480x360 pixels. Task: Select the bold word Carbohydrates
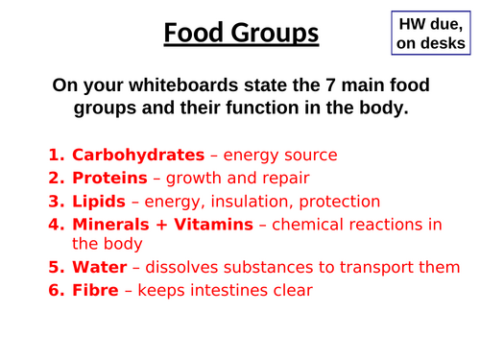(138, 155)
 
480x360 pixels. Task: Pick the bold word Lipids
(101, 202)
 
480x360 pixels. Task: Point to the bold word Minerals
(111, 225)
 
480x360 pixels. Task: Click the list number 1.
(56, 155)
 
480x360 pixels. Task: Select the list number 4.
(56, 225)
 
